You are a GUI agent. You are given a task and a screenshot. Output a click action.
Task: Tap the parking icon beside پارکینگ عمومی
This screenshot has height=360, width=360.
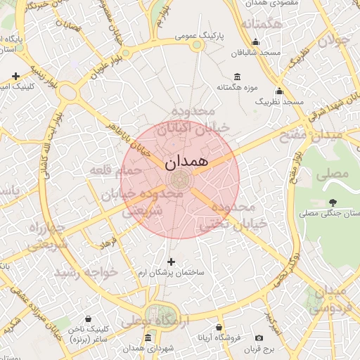(198, 45)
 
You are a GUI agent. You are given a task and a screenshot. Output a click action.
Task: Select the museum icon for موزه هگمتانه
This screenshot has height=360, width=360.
(236, 76)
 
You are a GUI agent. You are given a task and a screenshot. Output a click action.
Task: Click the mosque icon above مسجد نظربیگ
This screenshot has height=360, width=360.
(279, 91)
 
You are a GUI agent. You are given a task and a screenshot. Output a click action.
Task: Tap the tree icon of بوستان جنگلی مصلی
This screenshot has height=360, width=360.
(332, 203)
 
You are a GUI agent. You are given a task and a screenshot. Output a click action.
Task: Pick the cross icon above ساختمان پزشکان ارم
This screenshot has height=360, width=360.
(171, 262)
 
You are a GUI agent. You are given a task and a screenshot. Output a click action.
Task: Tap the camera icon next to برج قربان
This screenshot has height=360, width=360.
(259, 338)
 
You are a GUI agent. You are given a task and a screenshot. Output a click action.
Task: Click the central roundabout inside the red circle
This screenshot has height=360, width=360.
(181, 179)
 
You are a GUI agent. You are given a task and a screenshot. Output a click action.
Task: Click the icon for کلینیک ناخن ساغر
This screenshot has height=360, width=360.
(87, 319)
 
